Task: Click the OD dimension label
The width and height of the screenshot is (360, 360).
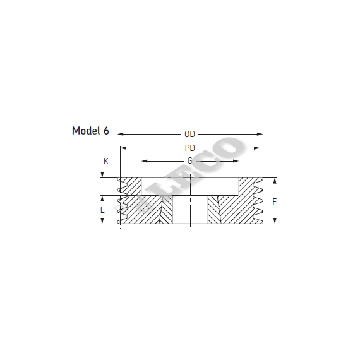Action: [x=189, y=134]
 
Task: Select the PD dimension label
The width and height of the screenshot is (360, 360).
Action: [x=190, y=148]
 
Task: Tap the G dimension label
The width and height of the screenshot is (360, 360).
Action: [x=189, y=161]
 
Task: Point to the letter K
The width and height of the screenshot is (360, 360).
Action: [x=106, y=162]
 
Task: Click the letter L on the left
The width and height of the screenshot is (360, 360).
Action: [x=102, y=210]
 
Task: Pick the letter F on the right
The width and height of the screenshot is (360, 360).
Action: [x=274, y=201]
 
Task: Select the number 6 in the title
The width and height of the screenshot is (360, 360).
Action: [x=106, y=131]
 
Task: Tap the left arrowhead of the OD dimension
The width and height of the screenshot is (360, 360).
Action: [x=120, y=134]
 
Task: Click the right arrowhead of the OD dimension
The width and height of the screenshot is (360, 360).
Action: [x=260, y=134]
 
